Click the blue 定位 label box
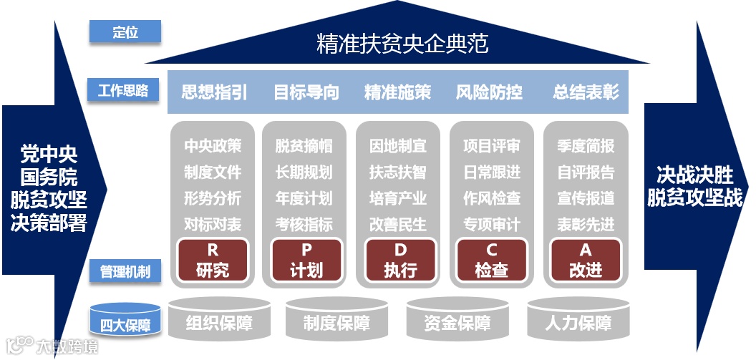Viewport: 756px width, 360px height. point(125,31)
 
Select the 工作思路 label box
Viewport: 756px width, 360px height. point(123,90)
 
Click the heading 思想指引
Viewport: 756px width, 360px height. point(214,92)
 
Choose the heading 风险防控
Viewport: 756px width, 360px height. point(489,92)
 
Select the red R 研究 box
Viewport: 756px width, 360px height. point(213,260)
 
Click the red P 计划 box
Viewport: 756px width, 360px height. point(306,260)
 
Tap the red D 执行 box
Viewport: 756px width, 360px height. point(399,260)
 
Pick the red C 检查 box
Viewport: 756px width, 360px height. point(493,260)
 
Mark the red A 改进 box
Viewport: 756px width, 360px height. point(586,260)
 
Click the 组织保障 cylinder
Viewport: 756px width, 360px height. point(219,322)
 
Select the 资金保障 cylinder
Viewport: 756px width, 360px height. point(457,322)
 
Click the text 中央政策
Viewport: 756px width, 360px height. point(213,146)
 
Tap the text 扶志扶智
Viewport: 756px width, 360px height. point(398,172)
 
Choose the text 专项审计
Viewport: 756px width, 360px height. point(492,224)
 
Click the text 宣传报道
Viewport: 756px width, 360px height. point(586,198)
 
